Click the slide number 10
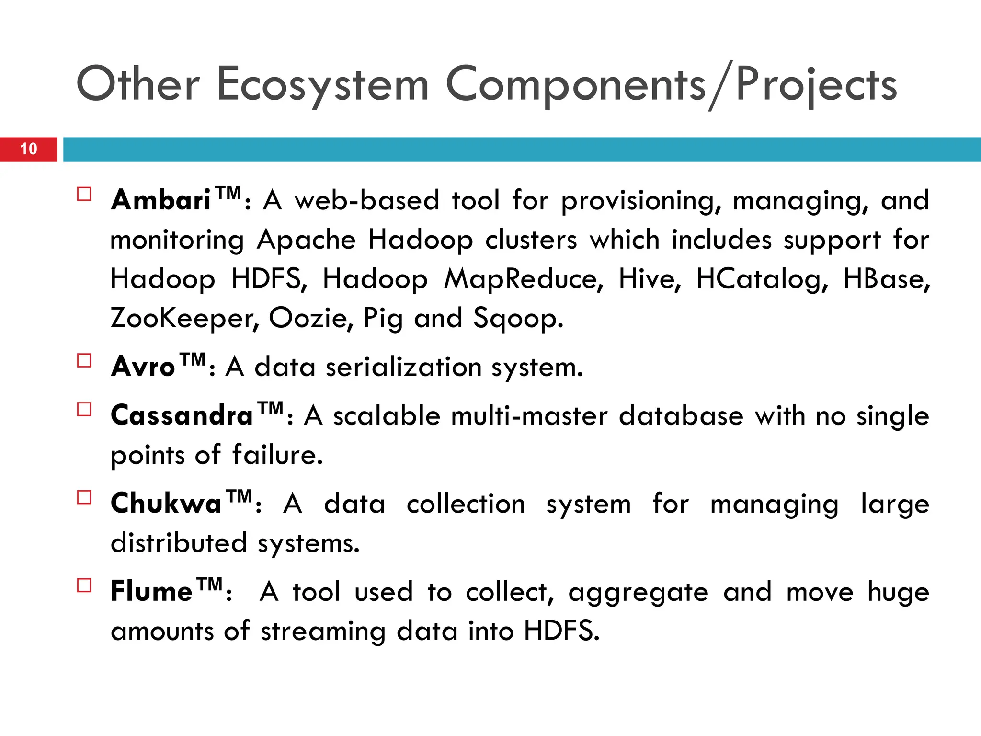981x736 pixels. click(x=29, y=149)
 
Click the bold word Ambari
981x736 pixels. click(x=160, y=200)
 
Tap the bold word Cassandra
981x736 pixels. click(x=182, y=415)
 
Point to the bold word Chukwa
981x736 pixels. click(x=166, y=504)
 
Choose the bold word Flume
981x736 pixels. click(x=151, y=591)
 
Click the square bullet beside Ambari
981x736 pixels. click(x=84, y=194)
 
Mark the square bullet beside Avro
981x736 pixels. click(x=84, y=360)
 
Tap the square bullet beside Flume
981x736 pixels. click(x=84, y=586)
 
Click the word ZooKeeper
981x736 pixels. click(x=184, y=318)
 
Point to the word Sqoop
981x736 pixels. click(x=518, y=319)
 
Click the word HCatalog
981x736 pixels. click(x=762, y=279)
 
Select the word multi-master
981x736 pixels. click(x=529, y=416)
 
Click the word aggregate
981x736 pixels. click(x=638, y=593)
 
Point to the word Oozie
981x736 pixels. click(x=311, y=318)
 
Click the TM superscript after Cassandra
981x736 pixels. click(x=271, y=409)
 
